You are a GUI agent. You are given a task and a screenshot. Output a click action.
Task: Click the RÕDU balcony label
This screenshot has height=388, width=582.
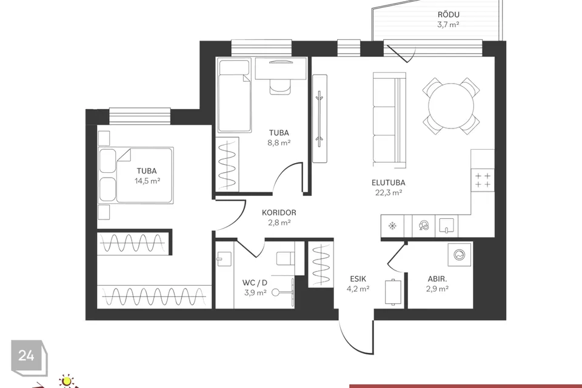449,15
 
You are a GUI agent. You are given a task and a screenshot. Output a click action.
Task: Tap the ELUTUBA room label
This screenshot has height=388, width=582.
388,182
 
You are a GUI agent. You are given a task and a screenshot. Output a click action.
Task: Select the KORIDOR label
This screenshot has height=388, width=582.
279,212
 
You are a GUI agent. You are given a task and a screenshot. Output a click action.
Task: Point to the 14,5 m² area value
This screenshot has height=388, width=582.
147,181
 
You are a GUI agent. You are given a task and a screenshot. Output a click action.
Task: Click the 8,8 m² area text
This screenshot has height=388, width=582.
279,142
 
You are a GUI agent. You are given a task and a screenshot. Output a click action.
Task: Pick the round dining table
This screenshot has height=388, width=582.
451,106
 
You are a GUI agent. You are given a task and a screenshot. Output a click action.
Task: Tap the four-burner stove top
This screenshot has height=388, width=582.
483,180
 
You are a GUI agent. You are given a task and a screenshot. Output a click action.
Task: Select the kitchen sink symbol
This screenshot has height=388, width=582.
447,226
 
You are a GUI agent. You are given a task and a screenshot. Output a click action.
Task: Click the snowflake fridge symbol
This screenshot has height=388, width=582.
392,226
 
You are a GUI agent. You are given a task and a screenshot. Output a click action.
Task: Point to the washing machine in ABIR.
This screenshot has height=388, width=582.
460,255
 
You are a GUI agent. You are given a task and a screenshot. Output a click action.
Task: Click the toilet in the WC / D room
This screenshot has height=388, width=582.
286,258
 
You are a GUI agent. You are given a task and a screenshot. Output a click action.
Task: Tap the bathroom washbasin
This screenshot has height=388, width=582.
224,259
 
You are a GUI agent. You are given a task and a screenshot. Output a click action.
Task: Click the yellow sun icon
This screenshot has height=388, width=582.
67,381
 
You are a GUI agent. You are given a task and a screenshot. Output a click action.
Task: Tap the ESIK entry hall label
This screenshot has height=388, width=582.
358,278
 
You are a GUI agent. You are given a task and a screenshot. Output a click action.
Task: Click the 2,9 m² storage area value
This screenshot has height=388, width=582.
437,289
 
